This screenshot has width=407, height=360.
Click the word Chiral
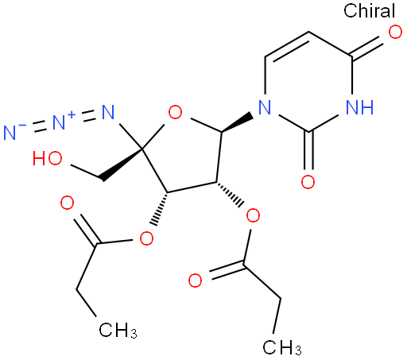tap(369, 11)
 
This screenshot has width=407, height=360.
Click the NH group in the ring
tap(359, 107)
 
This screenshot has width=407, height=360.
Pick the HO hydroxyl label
tap(48, 159)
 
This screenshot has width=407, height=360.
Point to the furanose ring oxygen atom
tap(175, 112)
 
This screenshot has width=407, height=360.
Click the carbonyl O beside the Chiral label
tap(395, 33)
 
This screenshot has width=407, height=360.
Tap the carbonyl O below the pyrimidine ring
tap(308, 182)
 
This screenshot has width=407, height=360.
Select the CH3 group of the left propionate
tap(118, 331)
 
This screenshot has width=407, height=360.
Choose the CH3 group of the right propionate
tap(282, 347)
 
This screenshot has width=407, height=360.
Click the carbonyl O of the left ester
tap(67, 203)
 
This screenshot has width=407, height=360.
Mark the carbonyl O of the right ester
tap(195, 281)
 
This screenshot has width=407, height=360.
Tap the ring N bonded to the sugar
tap(265, 107)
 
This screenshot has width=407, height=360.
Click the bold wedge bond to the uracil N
tap(237, 122)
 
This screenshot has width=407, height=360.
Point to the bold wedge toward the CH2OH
tap(121, 165)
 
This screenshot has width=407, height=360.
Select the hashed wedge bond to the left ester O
tap(159, 209)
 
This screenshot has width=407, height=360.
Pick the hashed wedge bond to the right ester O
tap(230, 195)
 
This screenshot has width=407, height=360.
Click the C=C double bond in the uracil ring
tap(287, 45)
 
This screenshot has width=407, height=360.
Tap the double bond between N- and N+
tap(40, 126)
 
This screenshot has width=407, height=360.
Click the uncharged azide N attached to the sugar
tap(108, 112)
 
